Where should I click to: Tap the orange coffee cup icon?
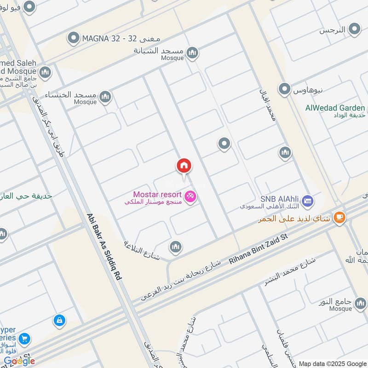click(x=339, y=217)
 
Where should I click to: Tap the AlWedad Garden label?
click(x=335, y=108)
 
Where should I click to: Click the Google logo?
click(x=19, y=361)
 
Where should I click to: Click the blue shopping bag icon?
click(x=59, y=320)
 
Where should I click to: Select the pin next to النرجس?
click(x=354, y=30)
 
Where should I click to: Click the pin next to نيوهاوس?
click(x=285, y=88)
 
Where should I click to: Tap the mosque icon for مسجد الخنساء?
click(x=105, y=96)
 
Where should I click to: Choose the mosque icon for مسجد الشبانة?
click(x=192, y=52)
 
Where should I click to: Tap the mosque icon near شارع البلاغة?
click(x=175, y=247)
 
